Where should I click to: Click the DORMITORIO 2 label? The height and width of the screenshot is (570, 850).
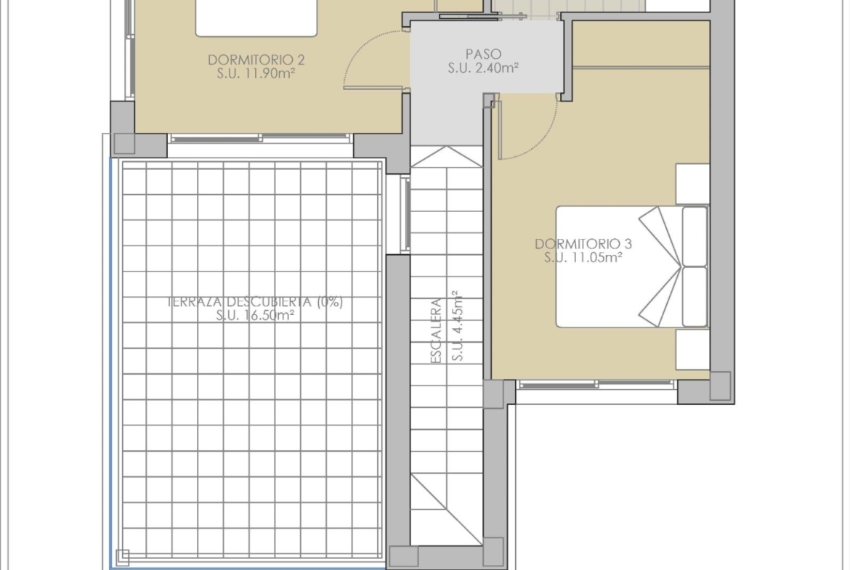[x=256, y=60]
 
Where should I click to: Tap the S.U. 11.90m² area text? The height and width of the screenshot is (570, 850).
[x=256, y=73]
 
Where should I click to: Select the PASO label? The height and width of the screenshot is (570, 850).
[x=483, y=54]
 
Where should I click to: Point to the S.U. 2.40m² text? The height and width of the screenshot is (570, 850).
[x=483, y=68]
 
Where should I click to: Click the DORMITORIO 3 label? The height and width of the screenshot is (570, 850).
[x=583, y=244]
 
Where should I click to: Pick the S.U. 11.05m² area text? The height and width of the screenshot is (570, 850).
[x=583, y=257]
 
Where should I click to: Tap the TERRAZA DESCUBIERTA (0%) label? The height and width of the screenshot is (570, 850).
[x=255, y=302]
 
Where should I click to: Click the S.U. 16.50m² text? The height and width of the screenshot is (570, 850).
[x=255, y=315]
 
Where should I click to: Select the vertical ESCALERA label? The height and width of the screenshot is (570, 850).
[x=436, y=331]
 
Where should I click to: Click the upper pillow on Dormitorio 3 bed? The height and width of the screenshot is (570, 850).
[x=695, y=236]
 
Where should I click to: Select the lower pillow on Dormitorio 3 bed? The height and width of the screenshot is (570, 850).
[x=695, y=296]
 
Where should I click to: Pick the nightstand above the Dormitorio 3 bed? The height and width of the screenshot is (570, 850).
[x=692, y=184]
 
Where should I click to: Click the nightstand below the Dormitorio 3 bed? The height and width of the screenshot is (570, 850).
[x=692, y=349]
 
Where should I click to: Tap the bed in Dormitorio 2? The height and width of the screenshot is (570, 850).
[x=256, y=18]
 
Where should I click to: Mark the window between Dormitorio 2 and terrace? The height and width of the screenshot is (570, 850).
[x=260, y=139]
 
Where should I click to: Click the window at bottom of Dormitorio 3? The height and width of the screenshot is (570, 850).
[x=597, y=385]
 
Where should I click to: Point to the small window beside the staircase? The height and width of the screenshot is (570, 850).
[x=406, y=214]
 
